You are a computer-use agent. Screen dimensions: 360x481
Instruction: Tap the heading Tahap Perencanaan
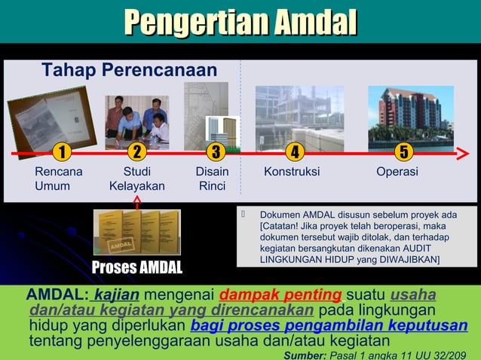pos(129,71)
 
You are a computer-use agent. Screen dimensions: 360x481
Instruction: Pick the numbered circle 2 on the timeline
pos(136,153)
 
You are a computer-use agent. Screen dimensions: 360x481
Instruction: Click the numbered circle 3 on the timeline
pos(216,153)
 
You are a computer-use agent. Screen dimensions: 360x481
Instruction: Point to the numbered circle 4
pos(295,153)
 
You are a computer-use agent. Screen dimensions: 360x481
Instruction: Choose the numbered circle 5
pos(404,153)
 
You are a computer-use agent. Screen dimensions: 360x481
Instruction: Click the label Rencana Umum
pos(58,178)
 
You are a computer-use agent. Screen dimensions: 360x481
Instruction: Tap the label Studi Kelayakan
pos(136,178)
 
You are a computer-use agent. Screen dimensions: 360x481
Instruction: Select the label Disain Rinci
pos(212,178)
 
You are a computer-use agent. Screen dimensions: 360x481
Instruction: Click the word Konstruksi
pos(292,172)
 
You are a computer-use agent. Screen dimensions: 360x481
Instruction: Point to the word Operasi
pos(397,172)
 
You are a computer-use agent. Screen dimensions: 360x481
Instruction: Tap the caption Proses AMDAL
pos(136,267)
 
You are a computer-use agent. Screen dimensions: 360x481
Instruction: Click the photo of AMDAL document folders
pos(136,232)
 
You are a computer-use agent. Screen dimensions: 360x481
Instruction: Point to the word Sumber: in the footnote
pos(303,354)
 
